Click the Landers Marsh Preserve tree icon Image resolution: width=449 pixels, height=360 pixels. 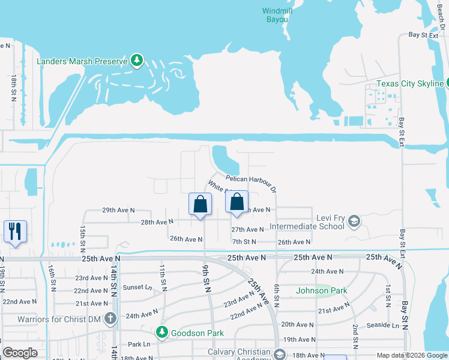coord(137,61)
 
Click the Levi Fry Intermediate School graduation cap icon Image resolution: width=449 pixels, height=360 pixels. coord(354,221)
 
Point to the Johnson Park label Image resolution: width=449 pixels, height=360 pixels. coord(322,291)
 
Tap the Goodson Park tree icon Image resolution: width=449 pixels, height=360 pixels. coord(161,332)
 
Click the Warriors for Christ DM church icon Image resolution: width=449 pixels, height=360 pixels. coord(109,318)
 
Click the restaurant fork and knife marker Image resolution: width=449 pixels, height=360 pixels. coord(15,232)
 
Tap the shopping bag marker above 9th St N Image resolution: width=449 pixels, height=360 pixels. coord(200,204)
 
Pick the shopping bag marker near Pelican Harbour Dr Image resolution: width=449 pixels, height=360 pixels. coord(237,202)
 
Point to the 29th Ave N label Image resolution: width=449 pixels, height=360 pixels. coord(118,211)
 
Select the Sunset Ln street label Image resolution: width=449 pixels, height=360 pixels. coord(134,287)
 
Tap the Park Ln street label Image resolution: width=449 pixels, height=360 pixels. coord(139,344)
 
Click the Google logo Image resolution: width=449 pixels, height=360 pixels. coord(20,352)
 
